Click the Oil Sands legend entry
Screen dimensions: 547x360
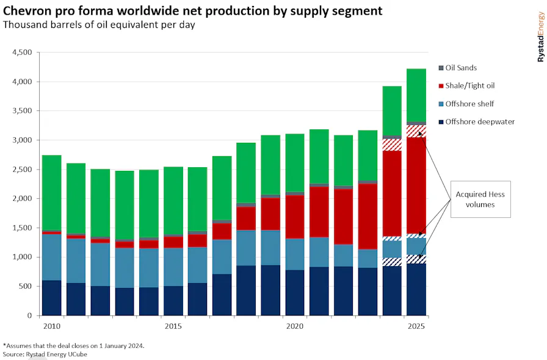pos(457,68)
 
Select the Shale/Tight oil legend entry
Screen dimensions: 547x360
pos(466,86)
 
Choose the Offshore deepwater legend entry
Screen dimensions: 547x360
pos(477,122)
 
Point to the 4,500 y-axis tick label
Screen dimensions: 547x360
pos(22,52)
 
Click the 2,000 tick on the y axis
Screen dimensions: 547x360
pos(22,198)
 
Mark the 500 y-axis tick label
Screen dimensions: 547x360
pos(25,286)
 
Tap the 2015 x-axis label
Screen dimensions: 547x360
pos(173,326)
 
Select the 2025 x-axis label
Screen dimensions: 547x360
pos(416,326)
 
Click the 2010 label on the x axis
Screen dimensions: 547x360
pos(52,326)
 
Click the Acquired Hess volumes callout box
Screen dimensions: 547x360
pos(480,199)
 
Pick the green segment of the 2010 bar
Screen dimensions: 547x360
pos(52,193)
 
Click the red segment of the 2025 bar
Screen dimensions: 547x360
pos(416,185)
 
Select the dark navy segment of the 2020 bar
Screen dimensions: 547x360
pos(295,293)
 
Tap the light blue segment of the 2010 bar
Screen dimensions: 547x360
pos(52,257)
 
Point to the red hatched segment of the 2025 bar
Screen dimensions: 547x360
pos(416,131)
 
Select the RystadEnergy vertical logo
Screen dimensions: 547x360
pos(540,37)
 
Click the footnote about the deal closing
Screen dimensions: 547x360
pos(74,346)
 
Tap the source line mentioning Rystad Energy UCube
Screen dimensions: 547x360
pos(45,354)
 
